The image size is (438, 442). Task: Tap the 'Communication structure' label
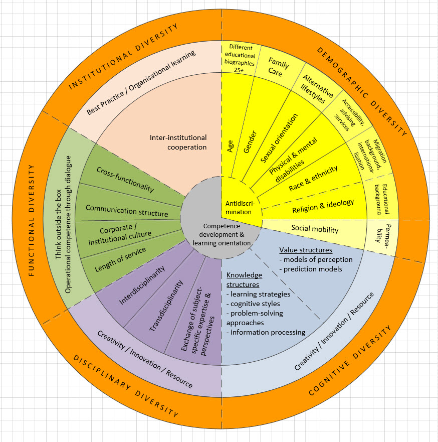[x=127, y=210]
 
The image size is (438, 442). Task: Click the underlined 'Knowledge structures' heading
[x=244, y=279]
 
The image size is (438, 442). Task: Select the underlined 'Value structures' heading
[x=305, y=249]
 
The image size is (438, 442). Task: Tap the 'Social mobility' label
[x=315, y=230]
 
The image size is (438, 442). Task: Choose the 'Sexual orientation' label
[x=279, y=138]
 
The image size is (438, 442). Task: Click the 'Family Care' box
[x=278, y=67]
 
